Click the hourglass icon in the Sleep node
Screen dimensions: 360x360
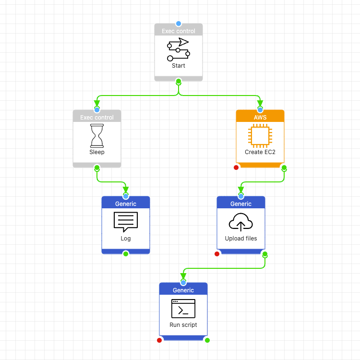pyautogui.click(x=97, y=136)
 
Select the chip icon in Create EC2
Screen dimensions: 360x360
pyautogui.click(x=260, y=136)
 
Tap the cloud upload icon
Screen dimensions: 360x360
pyautogui.click(x=241, y=222)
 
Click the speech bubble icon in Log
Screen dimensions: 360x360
pyautogui.click(x=126, y=222)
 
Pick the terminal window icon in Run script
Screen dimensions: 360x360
pyautogui.click(x=183, y=309)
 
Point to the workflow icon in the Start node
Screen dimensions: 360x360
pyautogui.click(x=179, y=49)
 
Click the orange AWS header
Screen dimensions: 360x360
pyautogui.click(x=260, y=117)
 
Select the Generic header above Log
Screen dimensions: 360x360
pyautogui.click(x=126, y=204)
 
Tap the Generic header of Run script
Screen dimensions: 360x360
pyautogui.click(x=183, y=290)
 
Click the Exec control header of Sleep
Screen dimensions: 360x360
pyautogui.click(x=97, y=117)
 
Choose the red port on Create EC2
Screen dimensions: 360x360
pyautogui.click(x=236, y=168)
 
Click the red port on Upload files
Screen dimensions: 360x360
pyautogui.click(x=217, y=254)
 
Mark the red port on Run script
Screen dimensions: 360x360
pyautogui.click(x=159, y=340)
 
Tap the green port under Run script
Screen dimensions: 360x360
pyautogui.click(x=207, y=340)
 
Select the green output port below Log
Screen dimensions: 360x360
pyautogui.click(x=126, y=254)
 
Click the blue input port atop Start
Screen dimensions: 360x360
pyautogui.click(x=179, y=24)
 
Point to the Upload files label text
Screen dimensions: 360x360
pyautogui.click(x=241, y=239)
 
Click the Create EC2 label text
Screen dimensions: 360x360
pyautogui.click(x=260, y=152)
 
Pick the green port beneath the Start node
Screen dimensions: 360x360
pyautogui.click(x=179, y=81)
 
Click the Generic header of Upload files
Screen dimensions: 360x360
pyautogui.click(x=241, y=204)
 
